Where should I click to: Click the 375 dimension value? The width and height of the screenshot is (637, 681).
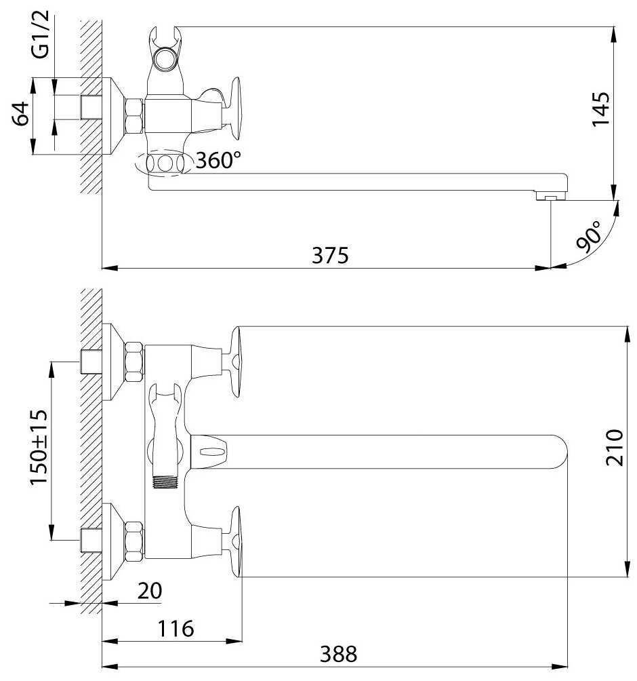tap(330, 255)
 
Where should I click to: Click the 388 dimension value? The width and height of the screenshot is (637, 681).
tap(338, 654)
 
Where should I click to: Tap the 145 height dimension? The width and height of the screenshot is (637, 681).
tap(601, 109)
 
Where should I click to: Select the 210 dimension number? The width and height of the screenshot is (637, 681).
tap(614, 448)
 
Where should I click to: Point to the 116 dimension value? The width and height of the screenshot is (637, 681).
tap(176, 629)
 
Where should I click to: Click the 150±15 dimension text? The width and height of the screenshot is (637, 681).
tap(38, 447)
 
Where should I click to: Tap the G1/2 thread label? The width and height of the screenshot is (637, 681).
tap(41, 36)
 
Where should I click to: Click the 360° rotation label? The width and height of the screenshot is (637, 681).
tap(218, 160)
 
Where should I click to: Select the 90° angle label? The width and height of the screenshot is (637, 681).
tap(590, 237)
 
